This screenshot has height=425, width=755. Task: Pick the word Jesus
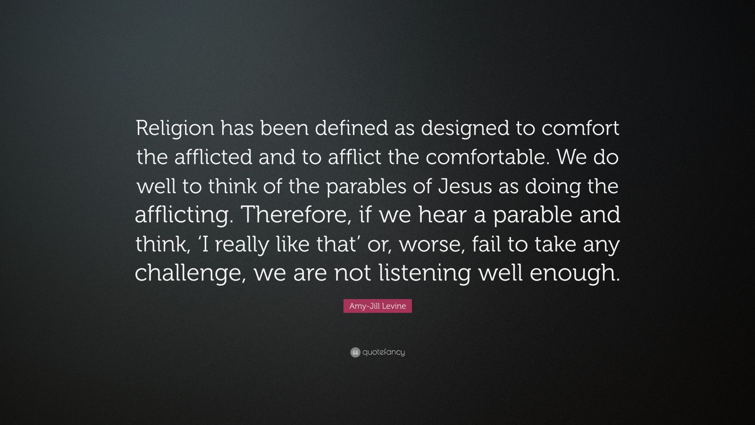465,187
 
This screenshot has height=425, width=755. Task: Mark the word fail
486,244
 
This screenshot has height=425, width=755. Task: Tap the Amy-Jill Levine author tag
377,306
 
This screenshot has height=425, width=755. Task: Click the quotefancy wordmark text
383,352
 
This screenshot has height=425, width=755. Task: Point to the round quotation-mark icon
355,352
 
